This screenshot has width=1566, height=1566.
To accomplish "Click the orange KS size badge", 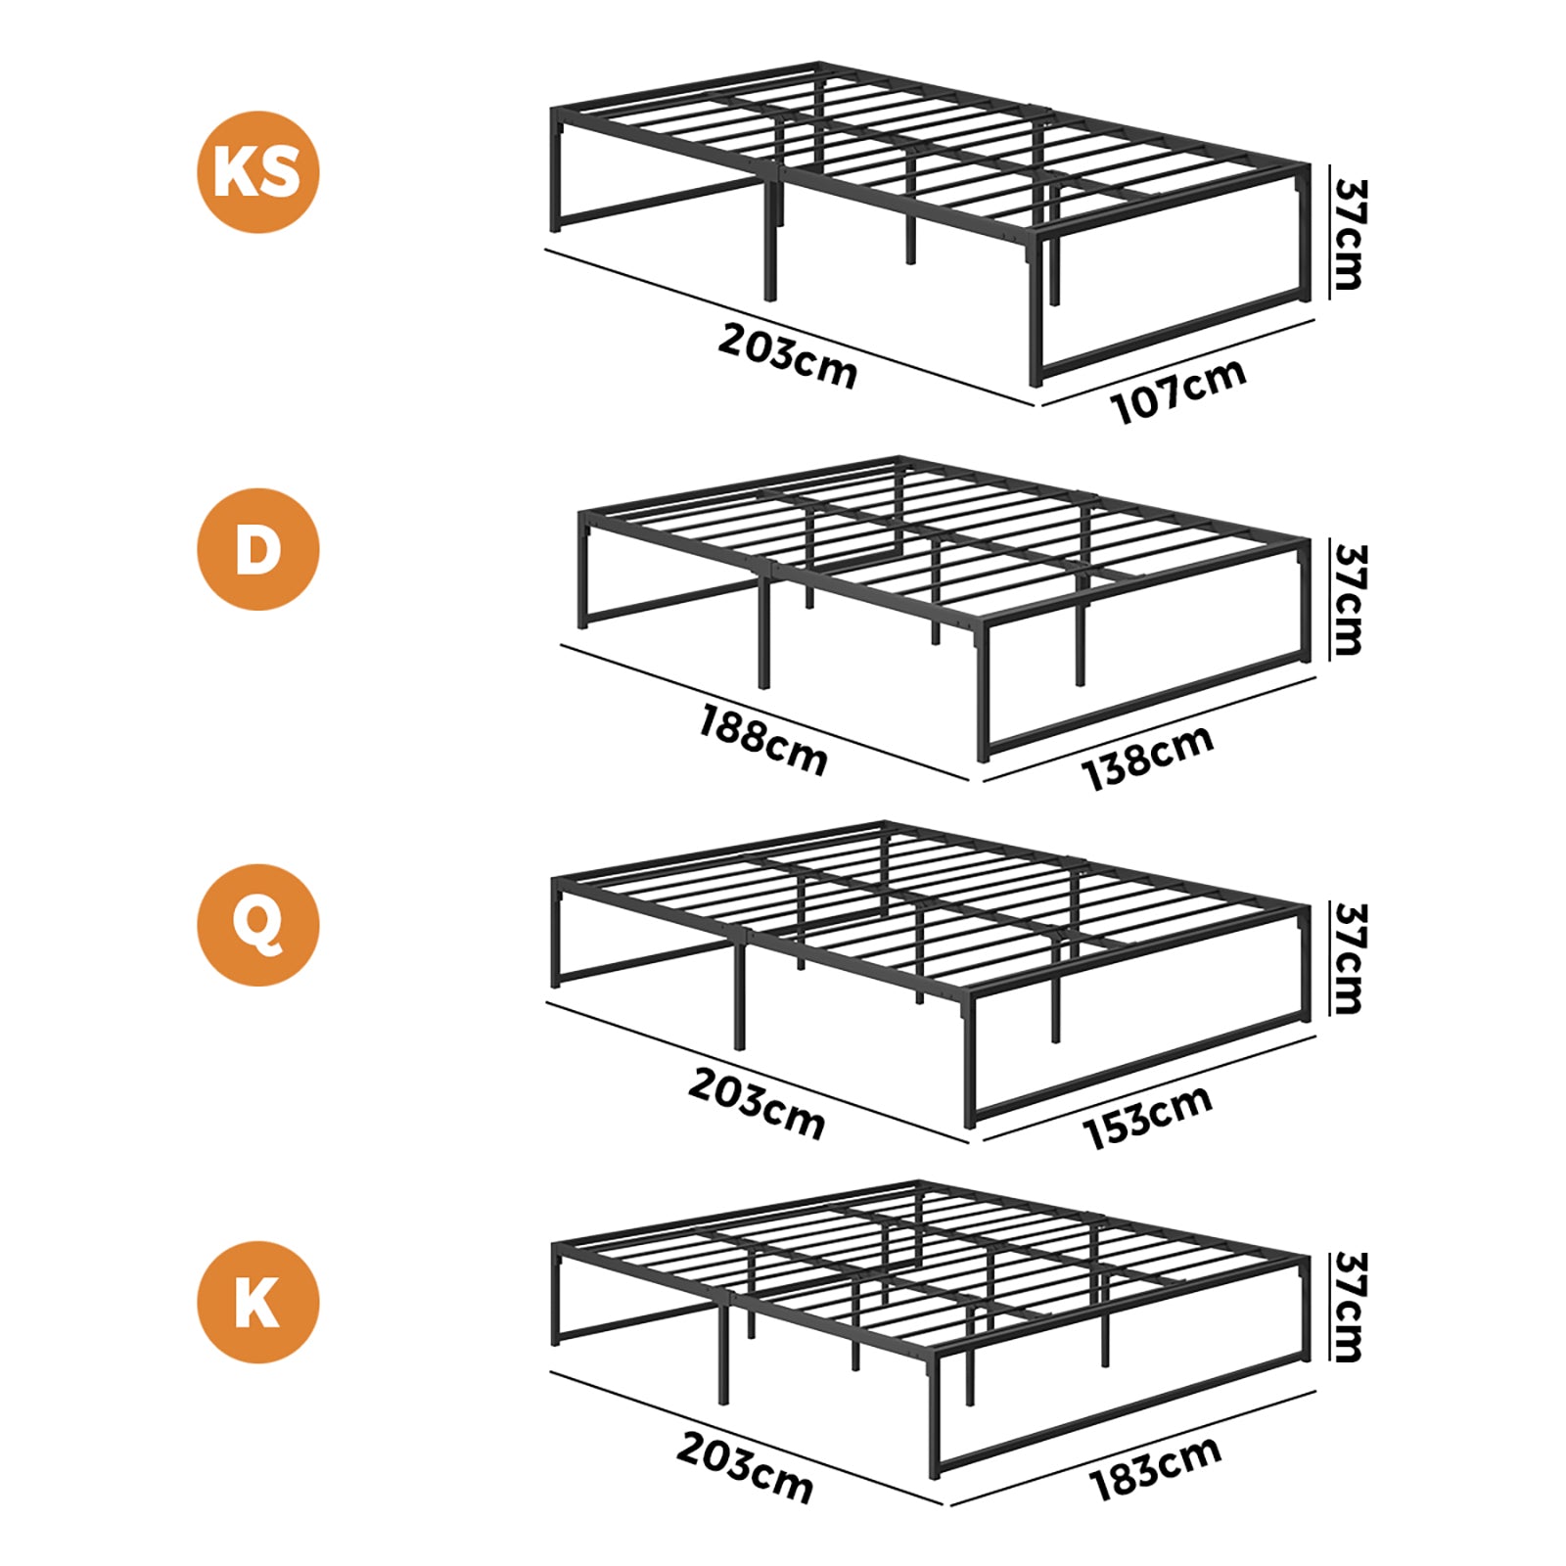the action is click(258, 172).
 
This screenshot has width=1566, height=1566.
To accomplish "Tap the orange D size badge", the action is click(258, 549).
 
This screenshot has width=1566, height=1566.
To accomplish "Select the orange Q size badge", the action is click(258, 925).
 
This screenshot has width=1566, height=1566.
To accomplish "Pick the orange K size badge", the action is click(258, 1302).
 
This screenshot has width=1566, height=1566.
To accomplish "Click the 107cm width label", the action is click(1178, 390).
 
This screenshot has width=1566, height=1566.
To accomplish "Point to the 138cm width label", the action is click(1148, 757).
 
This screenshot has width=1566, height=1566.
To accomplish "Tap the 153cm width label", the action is click(1148, 1117).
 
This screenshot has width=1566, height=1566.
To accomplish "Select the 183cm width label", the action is click(1156, 1468).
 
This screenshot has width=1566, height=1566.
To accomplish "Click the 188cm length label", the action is click(763, 741).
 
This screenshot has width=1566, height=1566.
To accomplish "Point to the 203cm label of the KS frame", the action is click(788, 356).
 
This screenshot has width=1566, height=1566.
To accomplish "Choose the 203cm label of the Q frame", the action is click(757, 1103).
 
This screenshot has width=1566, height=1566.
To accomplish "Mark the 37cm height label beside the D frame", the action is click(1349, 600).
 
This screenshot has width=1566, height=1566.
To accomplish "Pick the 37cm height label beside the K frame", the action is click(1349, 1307).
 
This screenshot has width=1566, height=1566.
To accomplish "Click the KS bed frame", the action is click(930, 224).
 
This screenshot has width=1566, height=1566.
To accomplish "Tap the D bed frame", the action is click(944, 608).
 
